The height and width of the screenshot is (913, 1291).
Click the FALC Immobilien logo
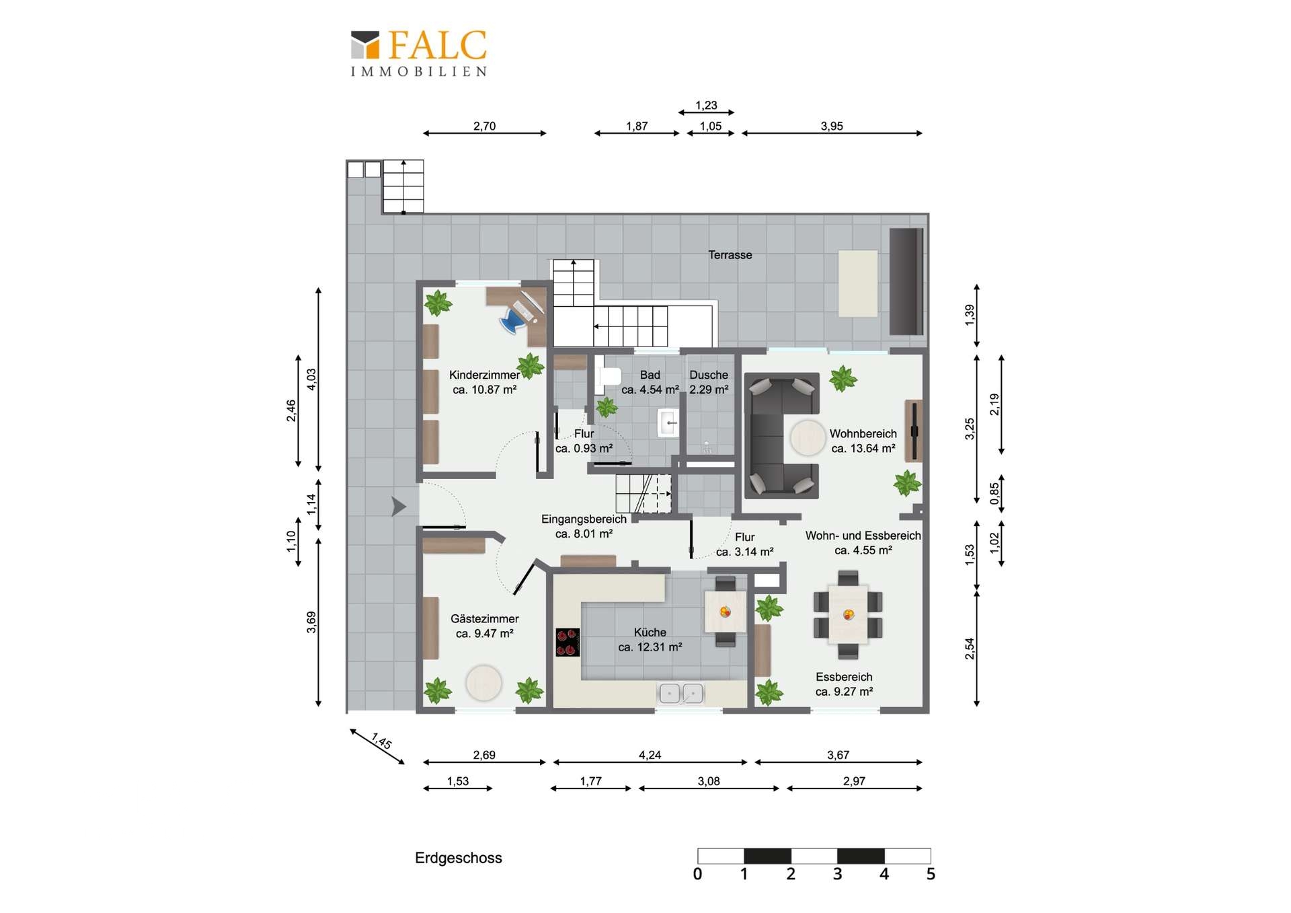(x=418, y=54)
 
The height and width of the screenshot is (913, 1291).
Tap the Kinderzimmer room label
(x=484, y=375)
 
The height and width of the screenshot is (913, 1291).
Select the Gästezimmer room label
(x=484, y=619)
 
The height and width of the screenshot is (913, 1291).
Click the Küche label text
(x=650, y=632)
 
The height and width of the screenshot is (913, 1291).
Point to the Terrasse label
(x=730, y=255)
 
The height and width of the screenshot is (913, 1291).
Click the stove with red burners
(x=568, y=642)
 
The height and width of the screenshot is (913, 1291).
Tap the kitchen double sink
(x=680, y=693)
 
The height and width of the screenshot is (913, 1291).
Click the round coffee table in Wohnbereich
(x=807, y=438)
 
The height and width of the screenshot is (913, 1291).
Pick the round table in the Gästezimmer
(x=483, y=682)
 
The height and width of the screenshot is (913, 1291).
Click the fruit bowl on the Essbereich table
(x=849, y=614)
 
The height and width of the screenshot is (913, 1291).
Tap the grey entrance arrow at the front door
(x=399, y=506)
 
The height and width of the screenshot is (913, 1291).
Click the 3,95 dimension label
(x=832, y=126)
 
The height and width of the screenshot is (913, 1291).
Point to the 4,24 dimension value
(x=650, y=755)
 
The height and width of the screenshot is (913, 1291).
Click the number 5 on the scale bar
(x=931, y=874)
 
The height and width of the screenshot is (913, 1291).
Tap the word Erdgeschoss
(x=459, y=858)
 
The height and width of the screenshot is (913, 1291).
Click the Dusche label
(x=709, y=375)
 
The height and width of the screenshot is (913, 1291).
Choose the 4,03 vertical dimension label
(x=311, y=379)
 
